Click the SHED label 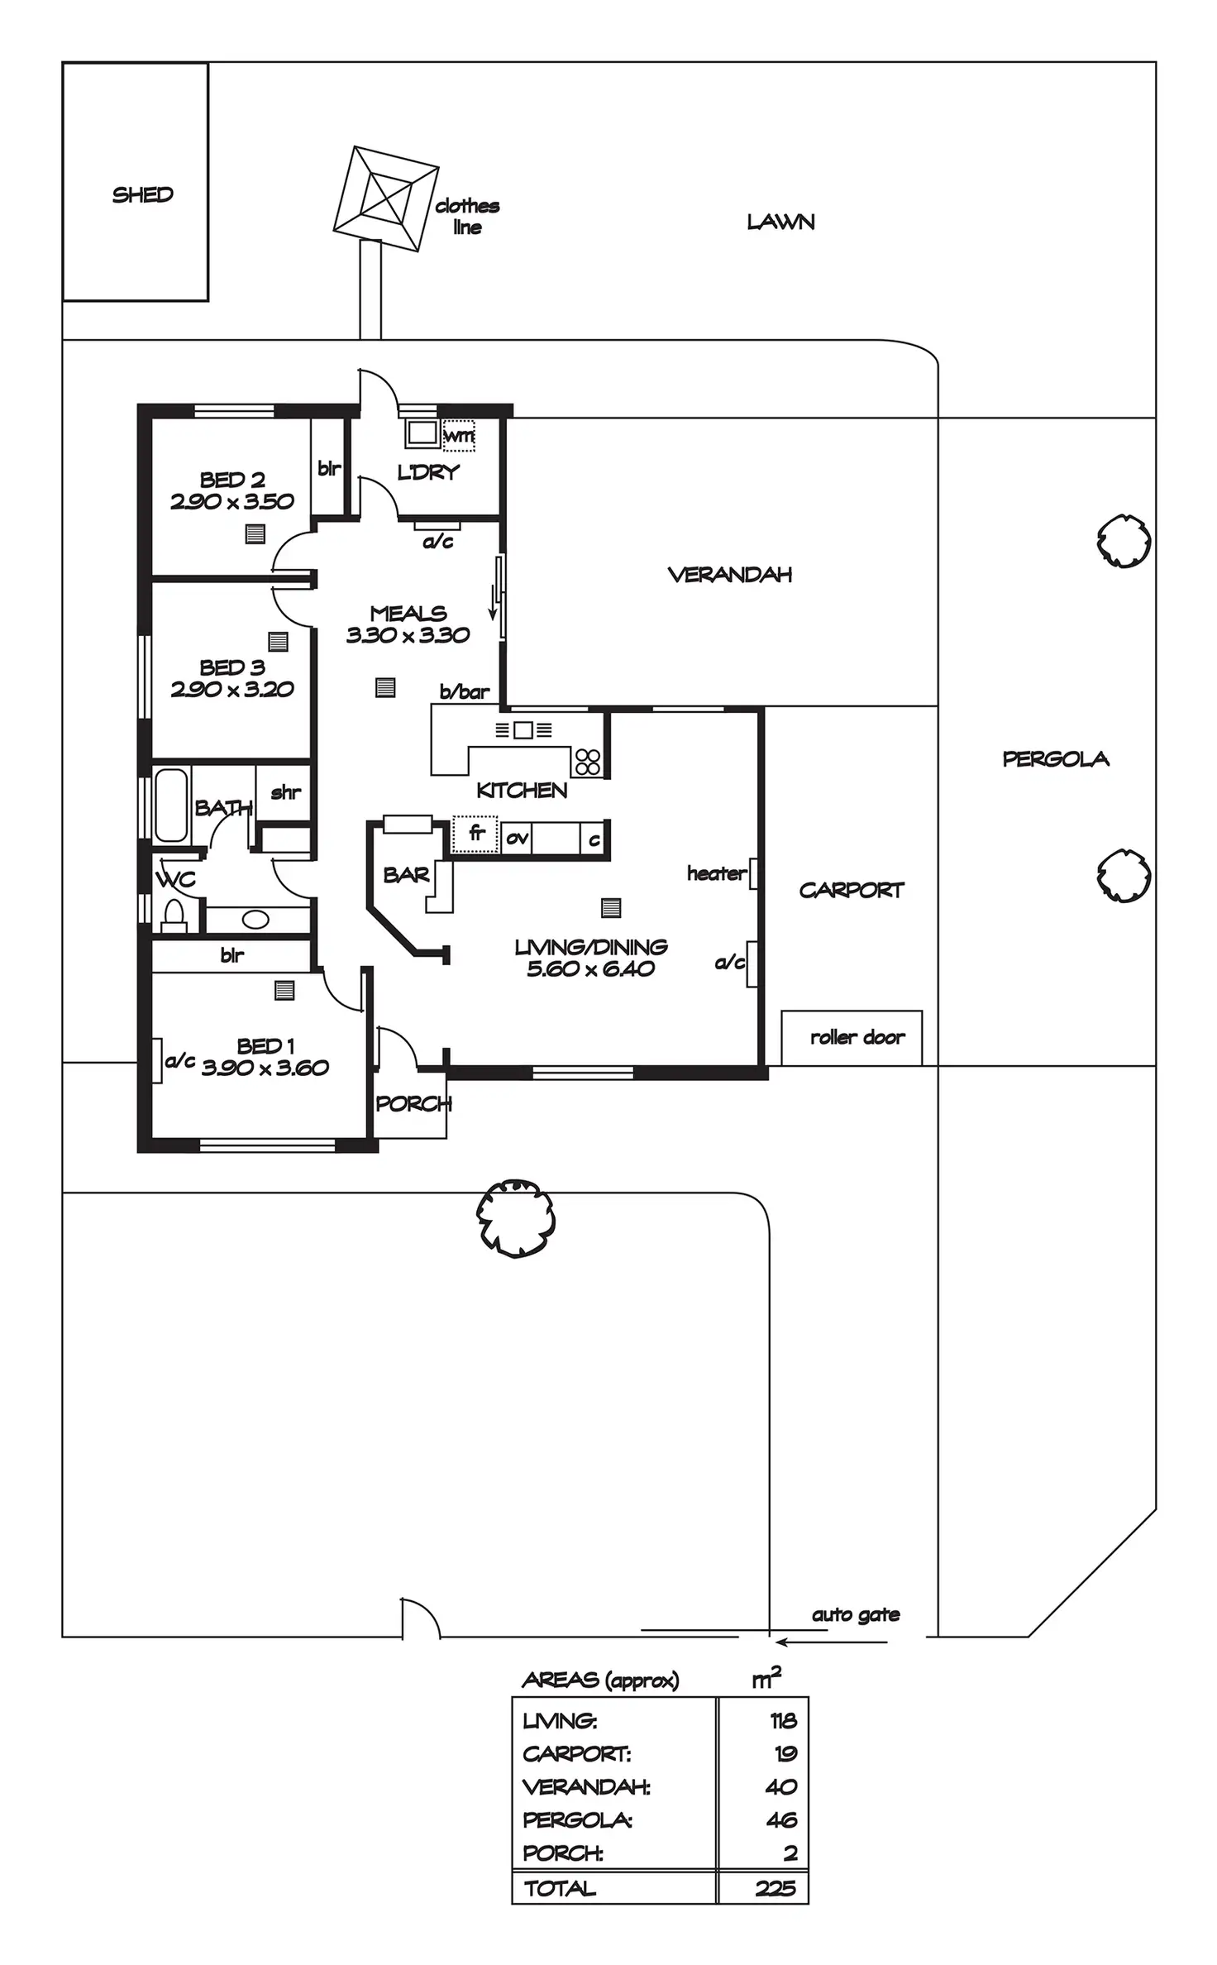point(142,195)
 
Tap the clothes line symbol point(385,198)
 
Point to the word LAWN point(780,222)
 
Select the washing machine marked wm point(459,435)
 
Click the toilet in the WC point(174,914)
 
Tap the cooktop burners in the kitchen point(588,761)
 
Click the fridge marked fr point(475,834)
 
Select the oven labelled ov point(517,839)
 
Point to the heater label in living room point(716,873)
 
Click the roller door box point(852,1037)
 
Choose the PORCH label point(413,1103)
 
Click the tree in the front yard point(516,1218)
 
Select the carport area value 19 point(785,1753)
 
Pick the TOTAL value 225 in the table point(775,1889)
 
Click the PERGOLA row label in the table point(577,1820)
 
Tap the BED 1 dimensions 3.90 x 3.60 point(265,1068)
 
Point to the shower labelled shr point(285,792)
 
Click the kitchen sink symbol point(523,729)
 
